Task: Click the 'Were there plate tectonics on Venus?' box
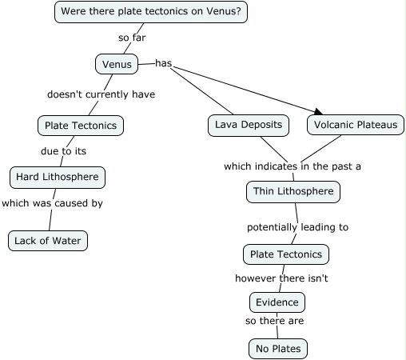151,11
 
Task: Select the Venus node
117,63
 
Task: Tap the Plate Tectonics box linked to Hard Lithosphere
80,126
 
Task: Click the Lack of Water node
47,240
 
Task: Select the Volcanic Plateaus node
355,125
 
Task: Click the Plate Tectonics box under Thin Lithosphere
285,254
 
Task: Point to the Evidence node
277,302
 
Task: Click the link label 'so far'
132,37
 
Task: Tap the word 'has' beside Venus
163,63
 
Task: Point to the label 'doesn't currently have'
101,94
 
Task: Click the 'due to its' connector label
63,150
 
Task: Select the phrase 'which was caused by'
52,203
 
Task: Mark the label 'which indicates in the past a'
292,166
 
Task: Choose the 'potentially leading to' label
297,227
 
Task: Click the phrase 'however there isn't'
281,278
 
